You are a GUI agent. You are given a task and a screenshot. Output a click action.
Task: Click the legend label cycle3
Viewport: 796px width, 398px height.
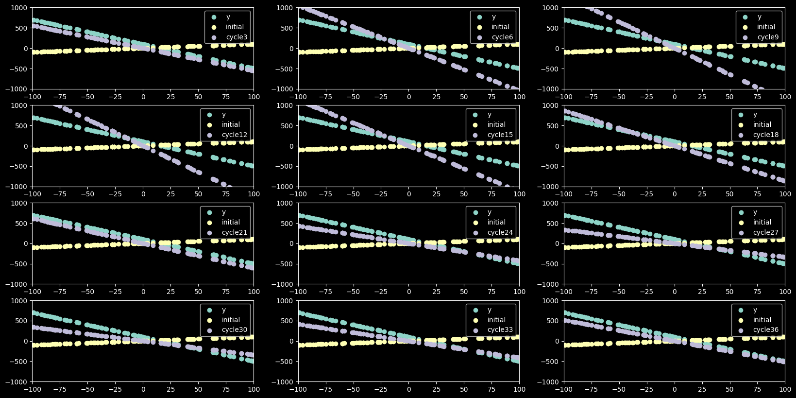pos(237,37)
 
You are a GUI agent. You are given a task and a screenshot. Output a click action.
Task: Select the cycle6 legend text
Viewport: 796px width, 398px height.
pos(502,37)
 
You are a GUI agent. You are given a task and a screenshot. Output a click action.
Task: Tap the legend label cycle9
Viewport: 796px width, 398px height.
pos(768,37)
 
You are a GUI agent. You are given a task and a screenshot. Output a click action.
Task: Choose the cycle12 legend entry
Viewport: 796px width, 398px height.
pos(235,135)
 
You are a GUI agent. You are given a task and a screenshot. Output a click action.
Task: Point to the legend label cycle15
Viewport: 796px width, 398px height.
pos(500,135)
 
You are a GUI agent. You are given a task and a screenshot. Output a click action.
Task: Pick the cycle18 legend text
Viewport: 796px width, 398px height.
pos(766,135)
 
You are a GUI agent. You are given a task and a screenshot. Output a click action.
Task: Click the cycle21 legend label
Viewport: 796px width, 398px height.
pos(235,233)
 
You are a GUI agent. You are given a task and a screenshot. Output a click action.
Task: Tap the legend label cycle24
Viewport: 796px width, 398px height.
pos(500,233)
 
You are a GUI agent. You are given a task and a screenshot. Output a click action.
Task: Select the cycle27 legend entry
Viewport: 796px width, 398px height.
pos(766,233)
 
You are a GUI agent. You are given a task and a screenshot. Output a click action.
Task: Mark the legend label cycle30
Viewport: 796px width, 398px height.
pos(235,330)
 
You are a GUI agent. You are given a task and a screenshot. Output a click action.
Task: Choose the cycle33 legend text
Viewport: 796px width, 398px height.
pos(500,330)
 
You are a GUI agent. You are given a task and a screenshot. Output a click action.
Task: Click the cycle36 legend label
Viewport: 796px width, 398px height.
pos(766,330)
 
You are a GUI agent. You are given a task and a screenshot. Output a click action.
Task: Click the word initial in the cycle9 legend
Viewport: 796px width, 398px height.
pos(766,27)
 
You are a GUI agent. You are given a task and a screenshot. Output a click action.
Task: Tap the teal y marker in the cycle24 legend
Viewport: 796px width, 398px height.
pos(475,212)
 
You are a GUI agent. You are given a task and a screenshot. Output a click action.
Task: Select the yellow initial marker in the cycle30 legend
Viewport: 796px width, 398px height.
pos(210,320)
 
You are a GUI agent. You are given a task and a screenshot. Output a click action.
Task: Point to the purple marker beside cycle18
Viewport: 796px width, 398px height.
pos(741,135)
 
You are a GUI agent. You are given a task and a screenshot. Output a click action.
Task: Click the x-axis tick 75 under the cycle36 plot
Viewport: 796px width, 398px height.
pos(757,389)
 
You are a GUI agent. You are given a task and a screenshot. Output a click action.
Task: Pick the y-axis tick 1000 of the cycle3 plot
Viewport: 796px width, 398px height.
pos(20,8)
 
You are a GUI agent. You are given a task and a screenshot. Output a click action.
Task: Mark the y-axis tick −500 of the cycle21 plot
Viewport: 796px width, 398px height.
pos(19,264)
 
